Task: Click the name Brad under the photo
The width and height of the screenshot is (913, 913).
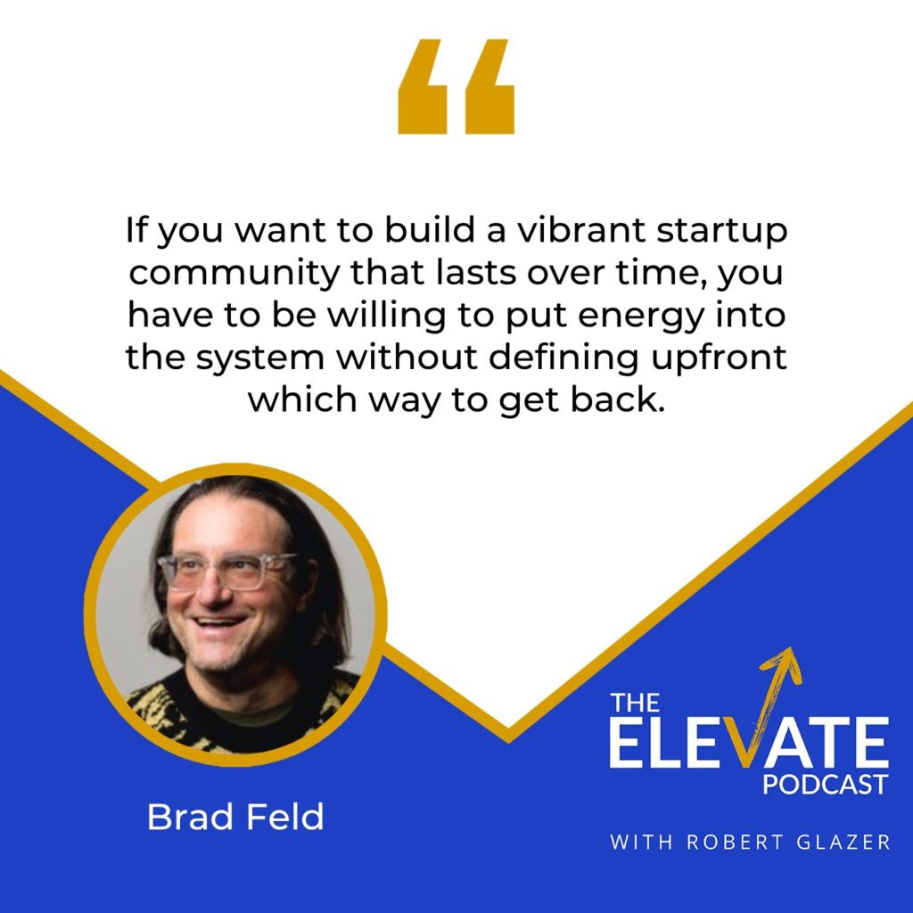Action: [184, 817]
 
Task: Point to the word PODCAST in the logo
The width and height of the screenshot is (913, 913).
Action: [825, 784]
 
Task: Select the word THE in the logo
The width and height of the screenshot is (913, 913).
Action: [636, 703]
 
